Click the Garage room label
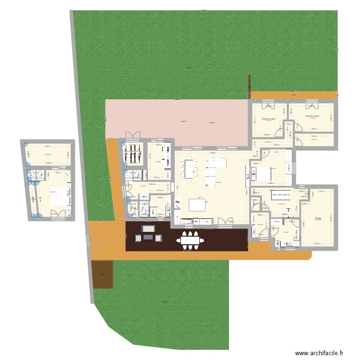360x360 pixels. (318, 218)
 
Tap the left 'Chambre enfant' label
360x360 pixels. (268, 119)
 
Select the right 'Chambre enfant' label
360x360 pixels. (312, 116)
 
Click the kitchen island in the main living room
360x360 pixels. (199, 205)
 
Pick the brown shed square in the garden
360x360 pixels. (102, 275)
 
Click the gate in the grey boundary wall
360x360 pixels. (90, 239)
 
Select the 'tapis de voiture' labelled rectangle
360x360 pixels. (281, 195)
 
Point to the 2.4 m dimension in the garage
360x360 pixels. (322, 192)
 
